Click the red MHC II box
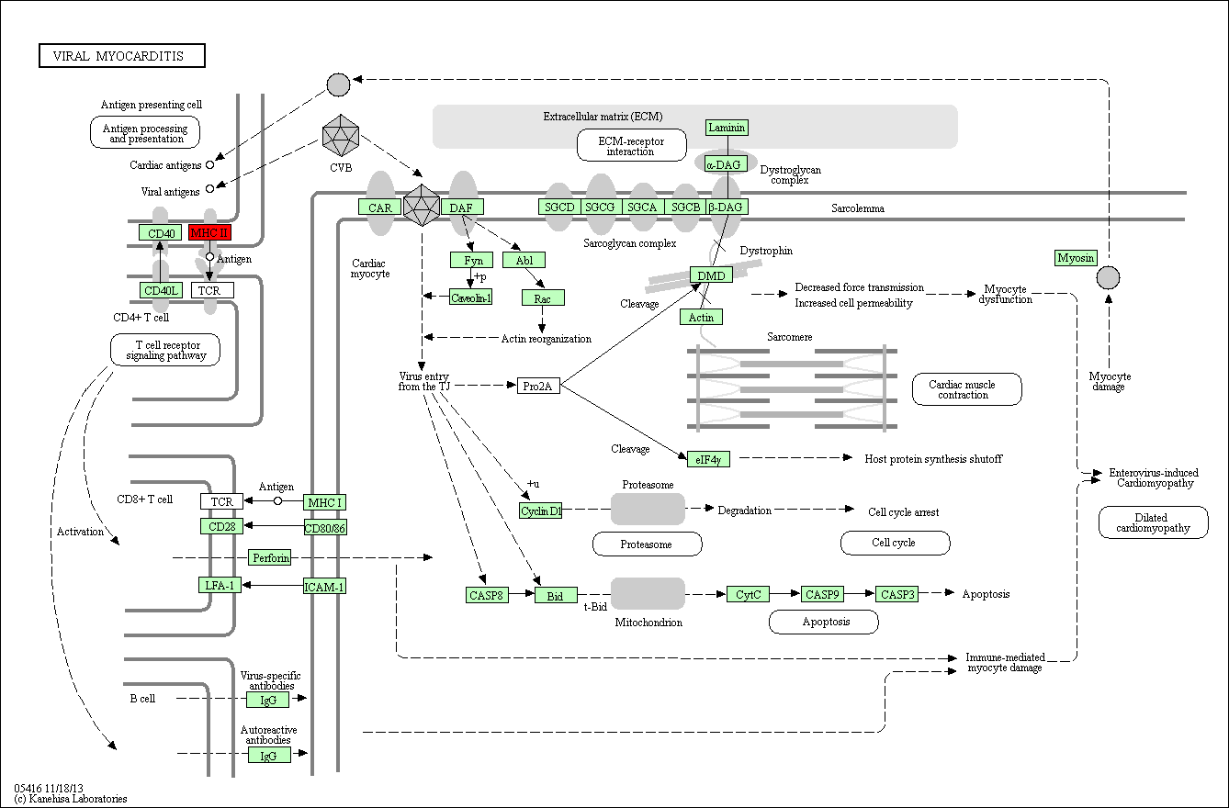click(209, 232)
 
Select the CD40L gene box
click(161, 290)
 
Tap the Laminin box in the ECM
click(727, 128)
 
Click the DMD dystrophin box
click(711, 275)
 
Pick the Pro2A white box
click(538, 387)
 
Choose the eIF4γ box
click(708, 460)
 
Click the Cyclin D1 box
click(540, 511)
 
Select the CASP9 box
click(822, 594)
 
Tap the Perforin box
click(269, 558)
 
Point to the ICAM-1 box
click(324, 587)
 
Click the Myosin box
click(1076, 258)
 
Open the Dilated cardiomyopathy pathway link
click(1154, 522)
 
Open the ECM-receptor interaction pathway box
click(632, 145)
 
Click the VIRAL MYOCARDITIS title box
click(122, 55)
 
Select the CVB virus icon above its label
click(340, 136)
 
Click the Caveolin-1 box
click(471, 297)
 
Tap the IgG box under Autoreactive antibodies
click(267, 756)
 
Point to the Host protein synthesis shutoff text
click(933, 459)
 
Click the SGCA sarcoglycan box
click(642, 207)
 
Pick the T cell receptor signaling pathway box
click(165, 350)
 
